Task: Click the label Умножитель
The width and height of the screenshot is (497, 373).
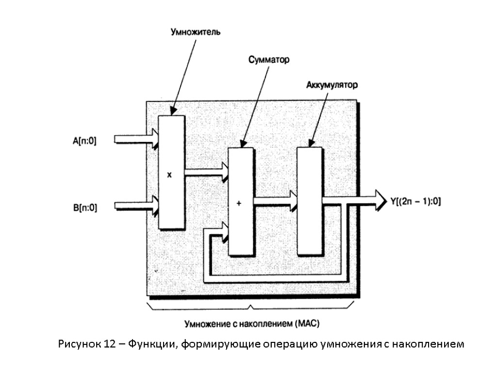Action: tap(195, 33)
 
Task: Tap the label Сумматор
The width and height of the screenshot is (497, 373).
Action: tap(269, 60)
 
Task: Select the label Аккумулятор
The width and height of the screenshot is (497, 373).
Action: tap(332, 85)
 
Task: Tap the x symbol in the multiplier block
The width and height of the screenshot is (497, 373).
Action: tap(169, 176)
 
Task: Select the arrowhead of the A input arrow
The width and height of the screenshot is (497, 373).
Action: tap(154, 138)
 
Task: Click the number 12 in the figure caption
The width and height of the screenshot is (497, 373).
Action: tap(109, 344)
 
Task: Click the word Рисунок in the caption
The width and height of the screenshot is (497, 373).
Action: tap(79, 344)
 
